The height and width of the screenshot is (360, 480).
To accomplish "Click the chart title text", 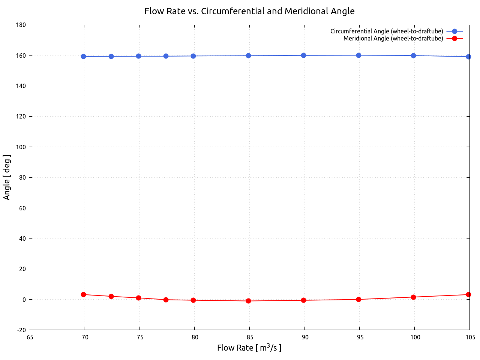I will [x=249, y=11].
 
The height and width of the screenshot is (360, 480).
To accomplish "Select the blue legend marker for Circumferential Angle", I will [x=454, y=31].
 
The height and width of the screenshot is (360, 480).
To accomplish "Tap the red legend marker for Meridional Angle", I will [x=454, y=38].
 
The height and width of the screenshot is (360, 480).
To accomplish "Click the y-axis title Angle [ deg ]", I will [x=7, y=177].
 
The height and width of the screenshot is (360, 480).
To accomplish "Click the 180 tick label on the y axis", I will [x=21, y=25].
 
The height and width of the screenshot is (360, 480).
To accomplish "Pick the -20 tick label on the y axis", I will [x=21, y=330].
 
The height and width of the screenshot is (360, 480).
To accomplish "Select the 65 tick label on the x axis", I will [x=30, y=337].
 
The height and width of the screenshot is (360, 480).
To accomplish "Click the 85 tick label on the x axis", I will [x=250, y=337].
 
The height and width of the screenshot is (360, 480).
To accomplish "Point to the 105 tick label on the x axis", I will [x=470, y=337].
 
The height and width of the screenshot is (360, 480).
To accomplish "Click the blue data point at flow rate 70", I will [x=83, y=57].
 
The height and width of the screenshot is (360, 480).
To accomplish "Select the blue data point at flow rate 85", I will [x=248, y=55].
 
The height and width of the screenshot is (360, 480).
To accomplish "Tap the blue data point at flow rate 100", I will [x=413, y=55].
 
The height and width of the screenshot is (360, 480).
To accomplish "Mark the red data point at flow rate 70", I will [x=83, y=294].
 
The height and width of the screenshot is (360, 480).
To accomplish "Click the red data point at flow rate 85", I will [x=248, y=301].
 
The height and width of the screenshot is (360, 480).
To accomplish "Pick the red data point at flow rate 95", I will [x=358, y=299].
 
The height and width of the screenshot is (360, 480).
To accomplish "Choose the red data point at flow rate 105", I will [x=468, y=294].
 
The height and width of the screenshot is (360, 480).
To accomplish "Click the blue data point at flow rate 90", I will [x=303, y=55].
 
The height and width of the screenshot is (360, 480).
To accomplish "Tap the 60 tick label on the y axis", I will [x=22, y=208].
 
